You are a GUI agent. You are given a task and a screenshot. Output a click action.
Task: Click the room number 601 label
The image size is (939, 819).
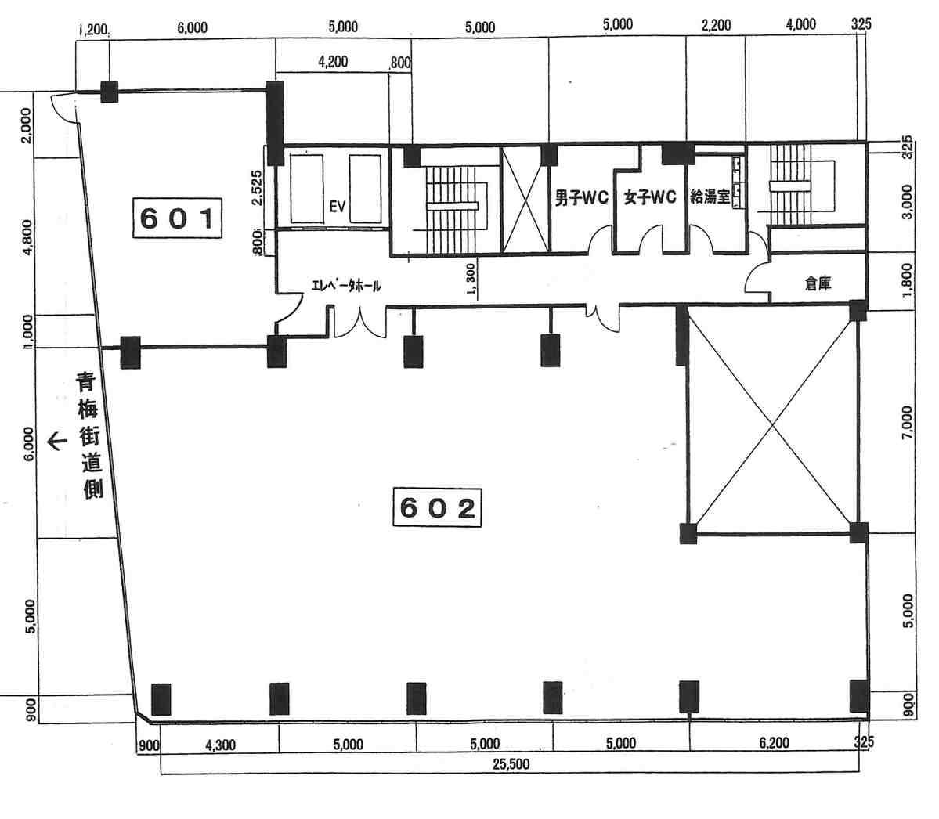point(177,218)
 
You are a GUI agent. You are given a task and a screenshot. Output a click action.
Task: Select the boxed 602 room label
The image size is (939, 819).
point(437,507)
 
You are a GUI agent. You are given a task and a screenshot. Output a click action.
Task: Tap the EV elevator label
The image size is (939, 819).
point(338,207)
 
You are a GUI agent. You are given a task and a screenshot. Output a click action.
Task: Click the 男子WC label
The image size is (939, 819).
point(581,197)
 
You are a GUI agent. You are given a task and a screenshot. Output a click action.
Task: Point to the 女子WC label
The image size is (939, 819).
point(650,197)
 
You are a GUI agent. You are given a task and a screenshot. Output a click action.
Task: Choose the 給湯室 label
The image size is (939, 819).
point(710,197)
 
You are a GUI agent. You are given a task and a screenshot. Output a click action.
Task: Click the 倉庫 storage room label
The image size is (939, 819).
point(818,283)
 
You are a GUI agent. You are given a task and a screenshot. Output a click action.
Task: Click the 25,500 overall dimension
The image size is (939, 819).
point(511,764)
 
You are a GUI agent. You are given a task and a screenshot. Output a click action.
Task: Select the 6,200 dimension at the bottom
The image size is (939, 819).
point(774,743)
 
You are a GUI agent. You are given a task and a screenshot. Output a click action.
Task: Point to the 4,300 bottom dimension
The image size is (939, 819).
point(220,745)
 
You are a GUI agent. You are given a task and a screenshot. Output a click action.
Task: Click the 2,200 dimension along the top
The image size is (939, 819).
point(717,25)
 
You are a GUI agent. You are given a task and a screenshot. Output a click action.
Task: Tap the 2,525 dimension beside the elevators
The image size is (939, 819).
point(257,187)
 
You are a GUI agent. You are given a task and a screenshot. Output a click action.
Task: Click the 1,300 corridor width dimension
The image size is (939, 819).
point(471,280)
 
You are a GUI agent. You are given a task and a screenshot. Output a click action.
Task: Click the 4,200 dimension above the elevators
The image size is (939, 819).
point(333,62)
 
